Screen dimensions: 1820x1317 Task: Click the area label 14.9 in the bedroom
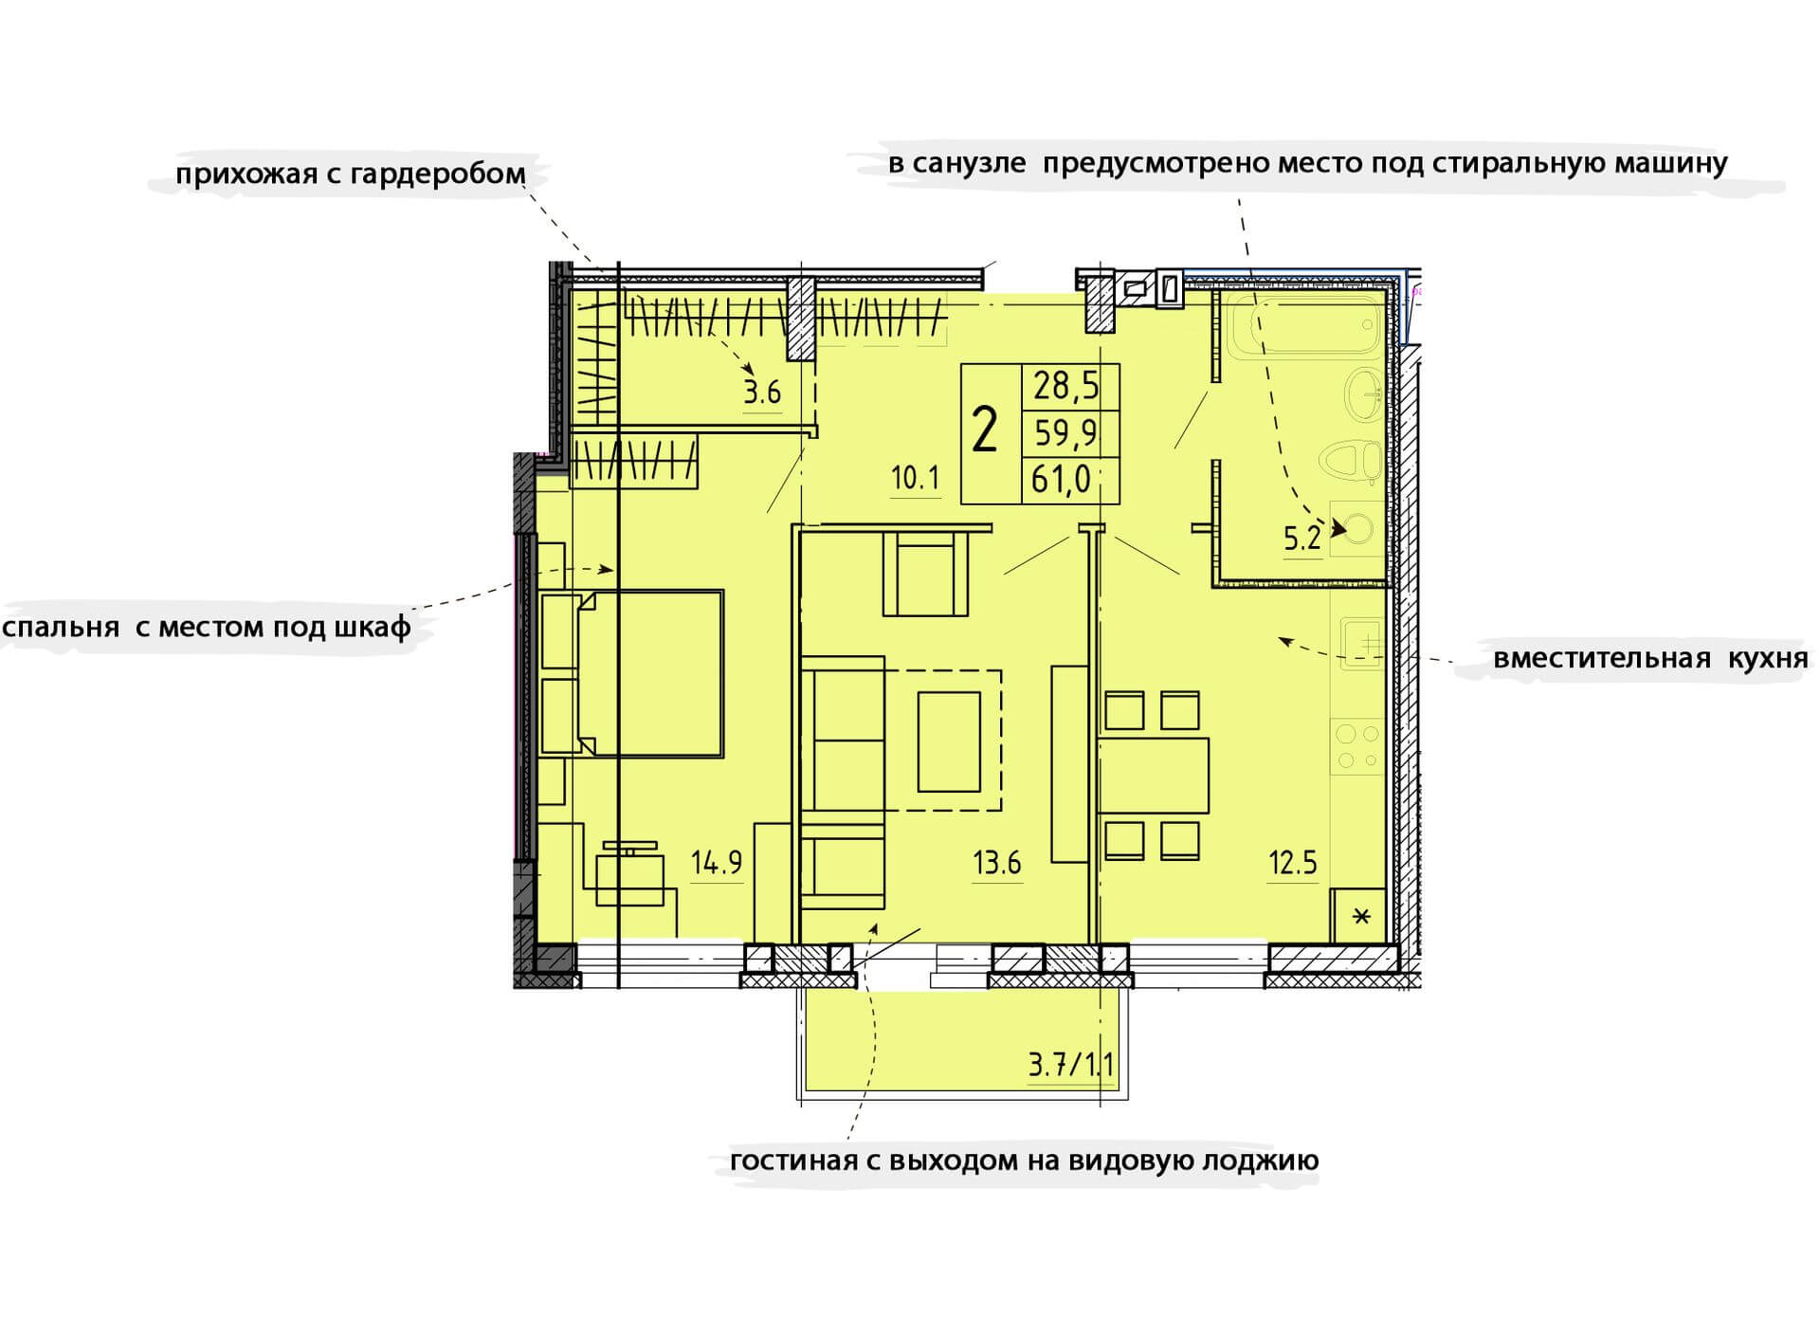pyautogui.click(x=717, y=863)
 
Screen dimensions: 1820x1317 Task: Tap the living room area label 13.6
pyautogui.click(x=996, y=863)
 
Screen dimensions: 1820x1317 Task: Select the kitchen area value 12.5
pyautogui.click(x=1293, y=863)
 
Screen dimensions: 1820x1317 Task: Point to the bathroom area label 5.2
pyautogui.click(x=1301, y=539)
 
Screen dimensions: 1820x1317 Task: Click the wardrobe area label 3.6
pyautogui.click(x=762, y=392)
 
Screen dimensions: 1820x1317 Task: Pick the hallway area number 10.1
pyautogui.click(x=915, y=478)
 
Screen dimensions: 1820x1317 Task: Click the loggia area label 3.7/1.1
pyautogui.click(x=1071, y=1065)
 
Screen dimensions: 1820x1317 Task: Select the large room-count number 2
pyautogui.click(x=985, y=431)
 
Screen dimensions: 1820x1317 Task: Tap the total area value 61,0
pyautogui.click(x=1062, y=480)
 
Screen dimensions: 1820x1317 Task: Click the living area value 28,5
pyautogui.click(x=1065, y=386)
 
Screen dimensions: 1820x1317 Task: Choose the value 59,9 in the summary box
pyautogui.click(x=1065, y=433)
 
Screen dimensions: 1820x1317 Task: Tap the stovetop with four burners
pyautogui.click(x=1357, y=746)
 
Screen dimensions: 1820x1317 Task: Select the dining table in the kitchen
pyautogui.click(x=1154, y=775)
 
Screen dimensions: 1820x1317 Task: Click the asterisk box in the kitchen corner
pyautogui.click(x=1359, y=915)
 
